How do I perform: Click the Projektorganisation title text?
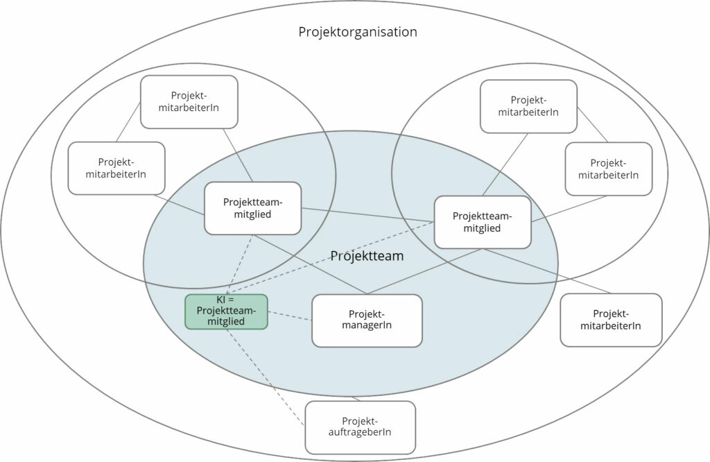[x=357, y=32]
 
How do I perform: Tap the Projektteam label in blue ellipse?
[x=367, y=256]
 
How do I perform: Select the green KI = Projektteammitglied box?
[x=226, y=311]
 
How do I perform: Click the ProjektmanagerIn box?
[x=367, y=320]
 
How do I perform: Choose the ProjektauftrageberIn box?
[x=360, y=427]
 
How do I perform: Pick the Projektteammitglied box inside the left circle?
[x=252, y=208]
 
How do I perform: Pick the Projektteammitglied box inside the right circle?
[x=482, y=222]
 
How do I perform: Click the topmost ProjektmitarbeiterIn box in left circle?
[x=189, y=102]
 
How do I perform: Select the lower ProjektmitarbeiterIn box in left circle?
[x=116, y=168]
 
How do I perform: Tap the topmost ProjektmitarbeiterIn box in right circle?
[x=528, y=106]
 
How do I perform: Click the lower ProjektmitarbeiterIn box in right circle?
[x=609, y=169]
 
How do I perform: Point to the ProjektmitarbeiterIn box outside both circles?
[x=611, y=320]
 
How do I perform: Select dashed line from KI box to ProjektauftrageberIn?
[x=266, y=377]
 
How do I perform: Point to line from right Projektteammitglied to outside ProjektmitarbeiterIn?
[x=548, y=271]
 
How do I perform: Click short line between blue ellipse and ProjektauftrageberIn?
[x=356, y=398]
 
